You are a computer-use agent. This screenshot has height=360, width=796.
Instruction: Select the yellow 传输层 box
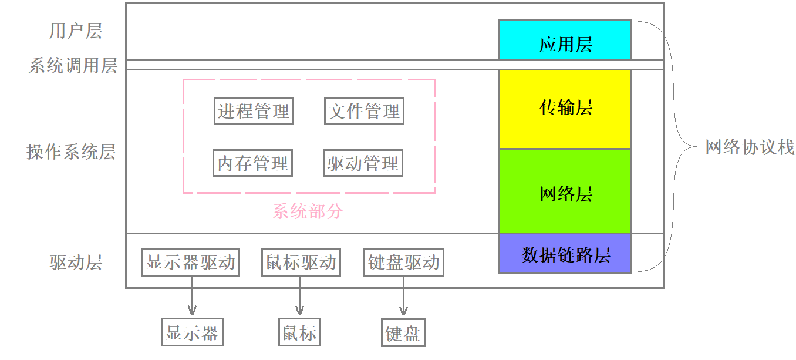pos(565,109)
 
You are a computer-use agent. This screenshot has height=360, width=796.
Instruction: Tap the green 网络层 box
pos(565,191)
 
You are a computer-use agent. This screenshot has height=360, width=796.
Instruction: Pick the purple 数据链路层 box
pos(565,254)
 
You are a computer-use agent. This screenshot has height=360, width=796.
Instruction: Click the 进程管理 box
pos(254,111)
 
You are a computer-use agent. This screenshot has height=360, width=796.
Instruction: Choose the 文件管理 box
pos(364,111)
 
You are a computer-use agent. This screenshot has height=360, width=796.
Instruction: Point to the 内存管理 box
pos(252,163)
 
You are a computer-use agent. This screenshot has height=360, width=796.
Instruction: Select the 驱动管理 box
pos(363,163)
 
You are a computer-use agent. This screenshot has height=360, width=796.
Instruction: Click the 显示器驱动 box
pos(191,262)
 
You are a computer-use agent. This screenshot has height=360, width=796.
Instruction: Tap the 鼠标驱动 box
pos(300,262)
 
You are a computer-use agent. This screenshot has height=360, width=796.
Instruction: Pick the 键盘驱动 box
pos(403,262)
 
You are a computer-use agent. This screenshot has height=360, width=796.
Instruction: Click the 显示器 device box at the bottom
pos(192,333)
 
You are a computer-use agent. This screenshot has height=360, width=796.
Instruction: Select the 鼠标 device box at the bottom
pos(299,333)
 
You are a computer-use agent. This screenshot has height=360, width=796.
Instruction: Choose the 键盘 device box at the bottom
pos(403,334)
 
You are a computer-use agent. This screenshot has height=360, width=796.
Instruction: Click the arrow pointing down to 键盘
pos(403,297)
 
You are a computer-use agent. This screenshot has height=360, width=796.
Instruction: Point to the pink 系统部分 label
pos(308,211)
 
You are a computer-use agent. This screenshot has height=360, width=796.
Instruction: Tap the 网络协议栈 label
pos(750,147)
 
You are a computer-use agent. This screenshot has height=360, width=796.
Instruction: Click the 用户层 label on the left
pos(75,31)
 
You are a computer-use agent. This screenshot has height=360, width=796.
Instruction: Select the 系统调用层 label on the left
pos(73,65)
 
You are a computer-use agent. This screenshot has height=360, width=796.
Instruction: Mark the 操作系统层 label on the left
pos(71,152)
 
